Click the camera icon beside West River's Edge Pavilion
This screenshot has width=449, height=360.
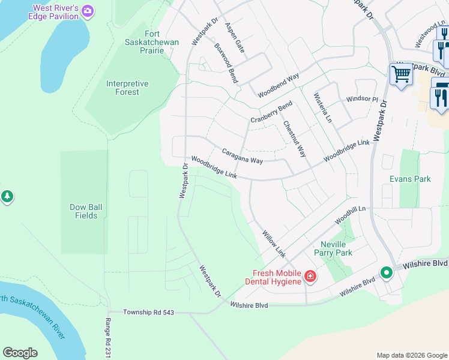point(88,11)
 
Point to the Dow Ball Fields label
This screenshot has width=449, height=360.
point(86,211)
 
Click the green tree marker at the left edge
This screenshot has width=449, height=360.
point(7,197)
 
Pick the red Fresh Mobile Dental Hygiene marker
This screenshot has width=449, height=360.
point(310,276)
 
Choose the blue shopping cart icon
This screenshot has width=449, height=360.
point(400,75)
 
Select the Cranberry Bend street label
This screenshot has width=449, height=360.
point(271,112)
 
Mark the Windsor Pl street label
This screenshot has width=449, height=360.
point(361,99)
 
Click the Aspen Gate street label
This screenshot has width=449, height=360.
point(235,37)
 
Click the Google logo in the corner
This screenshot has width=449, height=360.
point(20,352)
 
